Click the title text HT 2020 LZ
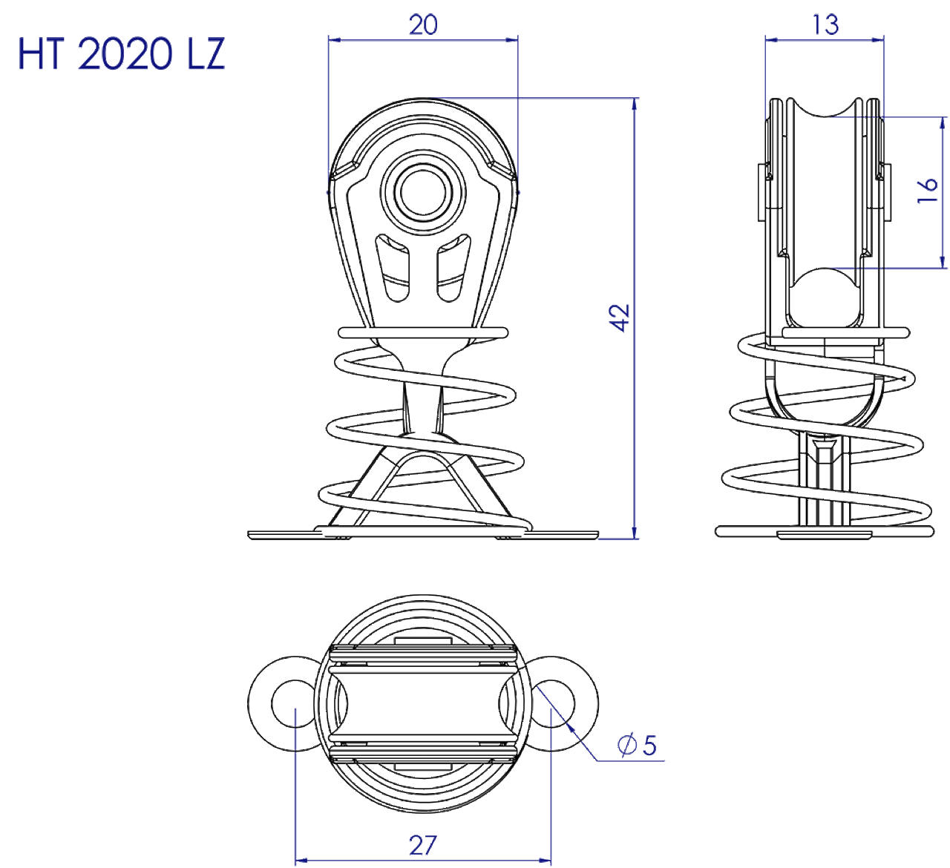click(x=121, y=54)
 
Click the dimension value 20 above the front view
click(x=423, y=25)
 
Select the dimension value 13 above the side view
click(x=825, y=25)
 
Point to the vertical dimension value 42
click(x=620, y=318)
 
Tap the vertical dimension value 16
click(x=927, y=191)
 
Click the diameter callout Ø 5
click(x=637, y=746)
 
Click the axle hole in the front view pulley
click(x=423, y=193)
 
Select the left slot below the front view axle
click(x=393, y=268)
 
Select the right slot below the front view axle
click(x=453, y=268)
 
